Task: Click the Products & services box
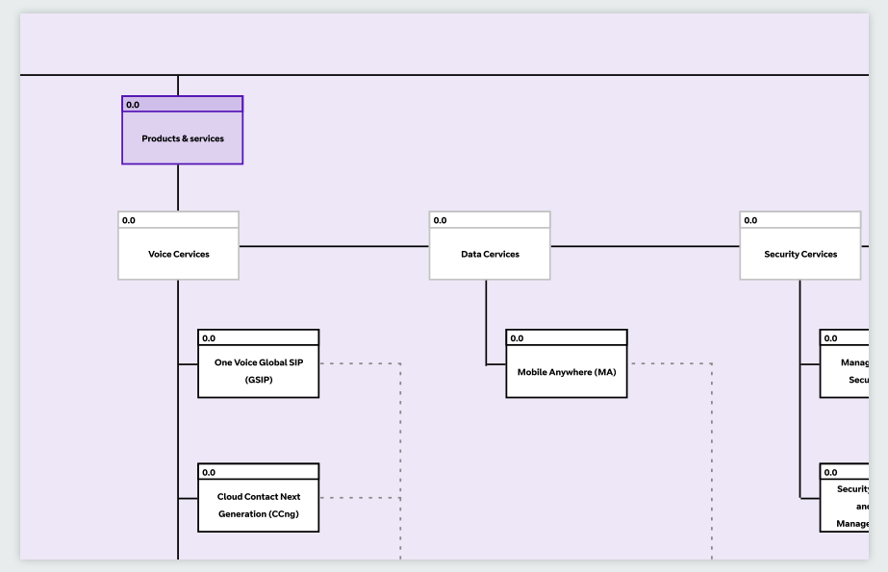pos(182,138)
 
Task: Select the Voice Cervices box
pos(178,255)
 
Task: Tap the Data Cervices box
pos(490,255)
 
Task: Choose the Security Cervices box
pos(800,255)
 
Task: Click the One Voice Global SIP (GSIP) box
pos(258,371)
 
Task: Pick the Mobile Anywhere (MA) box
pos(567,372)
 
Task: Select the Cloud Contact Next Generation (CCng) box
pos(258,506)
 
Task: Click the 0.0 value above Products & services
pos(133,104)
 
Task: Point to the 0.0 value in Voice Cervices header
pos(129,220)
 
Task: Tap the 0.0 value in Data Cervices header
pos(440,220)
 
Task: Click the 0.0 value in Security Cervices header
pos(750,220)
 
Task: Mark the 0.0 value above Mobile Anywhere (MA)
pos(517,338)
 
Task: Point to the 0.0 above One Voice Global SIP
pos(209,338)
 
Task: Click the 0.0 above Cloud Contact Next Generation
pos(209,472)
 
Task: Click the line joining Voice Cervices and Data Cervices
pos(334,246)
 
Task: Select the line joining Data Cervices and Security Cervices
pos(645,246)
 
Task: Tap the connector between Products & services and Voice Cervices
pos(178,188)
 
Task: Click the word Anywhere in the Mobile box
pos(570,372)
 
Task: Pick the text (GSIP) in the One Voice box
pos(258,381)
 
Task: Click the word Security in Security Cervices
pos(782,255)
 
